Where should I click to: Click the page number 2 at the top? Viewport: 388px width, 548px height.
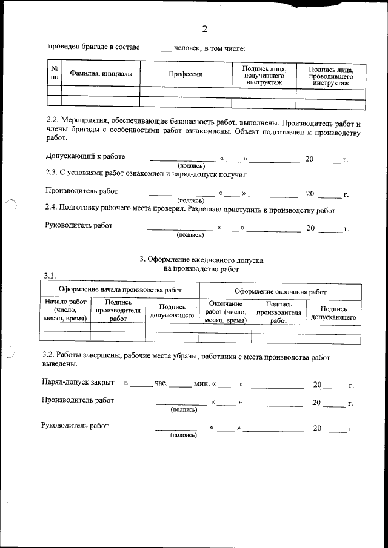[x=204, y=29]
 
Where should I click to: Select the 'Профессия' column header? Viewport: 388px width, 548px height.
[x=185, y=74]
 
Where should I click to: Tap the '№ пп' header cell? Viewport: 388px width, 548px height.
[x=55, y=74]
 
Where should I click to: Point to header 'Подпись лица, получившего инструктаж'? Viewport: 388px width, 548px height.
[x=263, y=74]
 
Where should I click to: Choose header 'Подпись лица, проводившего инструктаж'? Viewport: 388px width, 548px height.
[x=331, y=74]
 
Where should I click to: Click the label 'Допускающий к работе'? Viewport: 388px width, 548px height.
[x=85, y=157]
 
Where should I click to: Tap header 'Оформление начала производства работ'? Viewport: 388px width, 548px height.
[x=119, y=291]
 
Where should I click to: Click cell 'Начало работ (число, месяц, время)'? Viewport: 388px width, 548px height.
[x=64, y=309]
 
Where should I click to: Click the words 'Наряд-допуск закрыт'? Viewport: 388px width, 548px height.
[x=78, y=383]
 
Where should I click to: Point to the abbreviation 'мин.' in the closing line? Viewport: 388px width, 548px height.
[x=201, y=384]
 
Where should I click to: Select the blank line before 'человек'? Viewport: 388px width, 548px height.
[x=156, y=48]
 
